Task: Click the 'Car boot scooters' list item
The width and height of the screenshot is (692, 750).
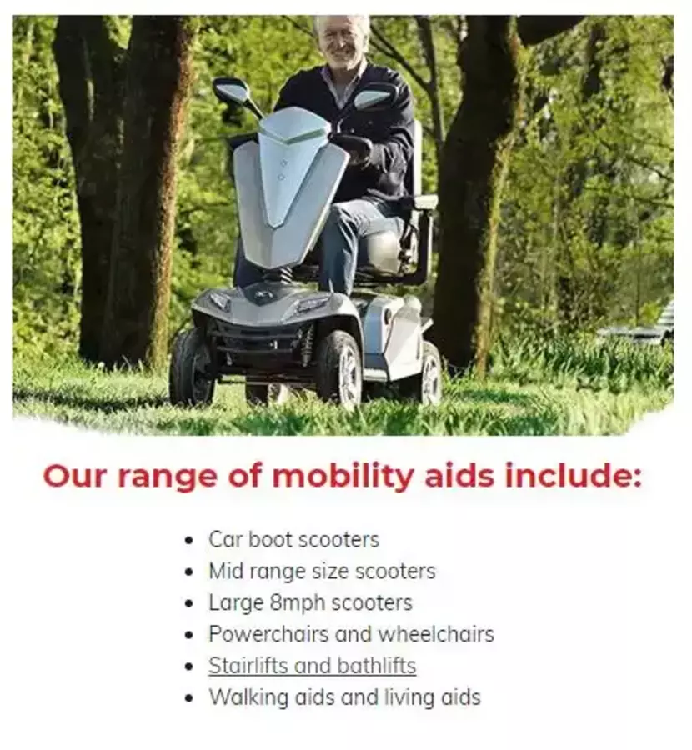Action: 293,539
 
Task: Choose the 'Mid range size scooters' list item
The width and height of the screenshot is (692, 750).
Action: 322,571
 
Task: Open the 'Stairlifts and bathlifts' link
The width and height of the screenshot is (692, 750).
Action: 312,666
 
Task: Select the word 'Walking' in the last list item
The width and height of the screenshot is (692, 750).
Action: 248,697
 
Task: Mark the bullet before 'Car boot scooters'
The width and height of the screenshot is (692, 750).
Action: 189,541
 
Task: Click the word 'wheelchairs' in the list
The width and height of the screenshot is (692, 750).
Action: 436,634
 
